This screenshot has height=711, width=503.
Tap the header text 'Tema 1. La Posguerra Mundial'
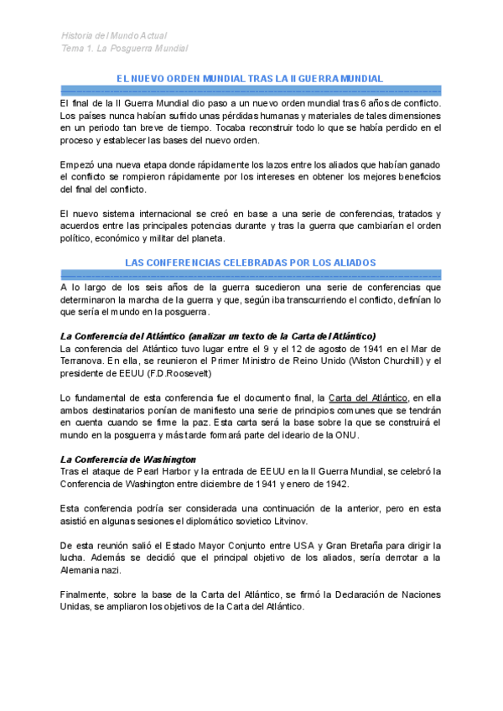(124, 49)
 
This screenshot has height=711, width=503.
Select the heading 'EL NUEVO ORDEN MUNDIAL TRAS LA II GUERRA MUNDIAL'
(250, 78)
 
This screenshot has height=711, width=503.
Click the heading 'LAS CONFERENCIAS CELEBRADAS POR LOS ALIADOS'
(250, 262)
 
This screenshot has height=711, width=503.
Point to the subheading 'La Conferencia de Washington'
(128, 459)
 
